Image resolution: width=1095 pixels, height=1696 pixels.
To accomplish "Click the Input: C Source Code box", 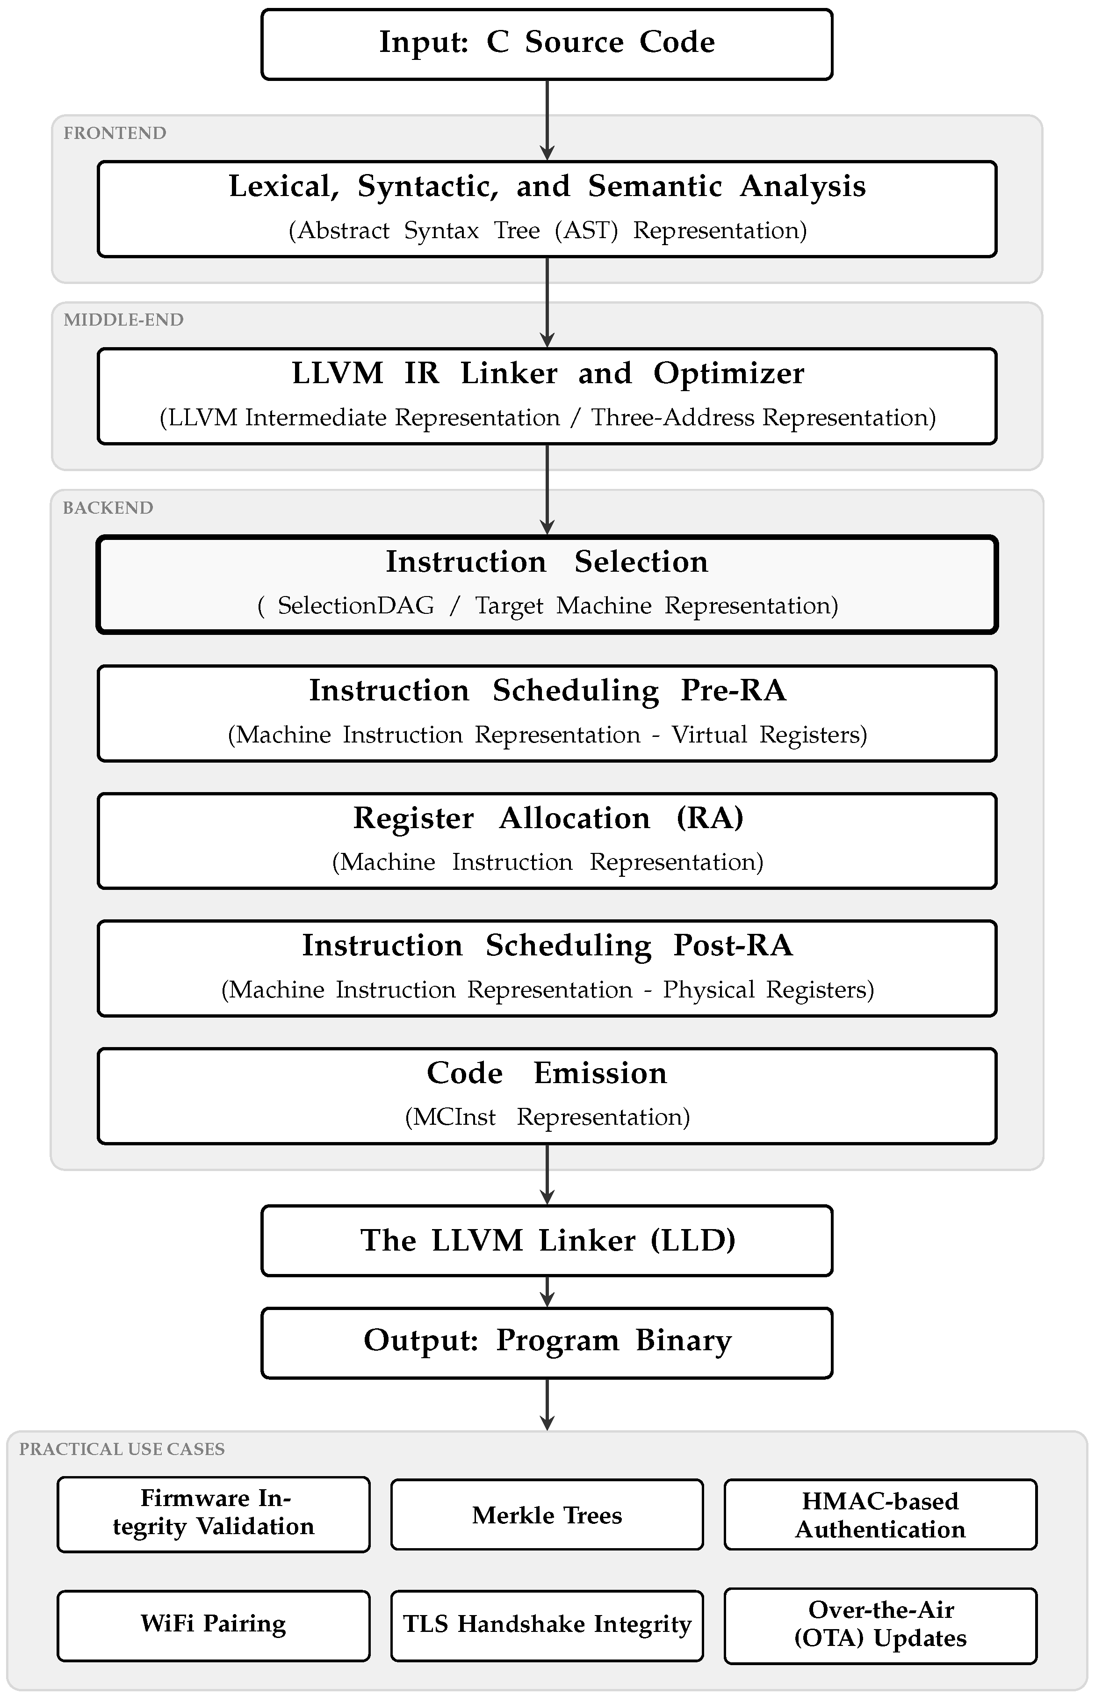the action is point(547,44).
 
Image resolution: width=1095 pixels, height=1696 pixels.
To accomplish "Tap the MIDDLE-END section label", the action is point(124,320).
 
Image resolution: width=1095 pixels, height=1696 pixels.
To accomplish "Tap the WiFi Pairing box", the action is point(213,1625).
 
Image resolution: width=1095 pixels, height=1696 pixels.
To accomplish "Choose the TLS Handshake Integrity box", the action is point(547,1625).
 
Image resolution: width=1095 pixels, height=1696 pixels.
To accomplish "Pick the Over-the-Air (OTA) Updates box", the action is point(880,1625).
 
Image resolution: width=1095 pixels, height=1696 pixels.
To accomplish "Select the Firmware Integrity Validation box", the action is point(213,1514).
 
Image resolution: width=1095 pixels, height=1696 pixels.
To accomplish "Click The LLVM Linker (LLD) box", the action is point(547,1241).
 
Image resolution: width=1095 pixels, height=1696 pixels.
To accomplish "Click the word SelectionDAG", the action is point(355,605).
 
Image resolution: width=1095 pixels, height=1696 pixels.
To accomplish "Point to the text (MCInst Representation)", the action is point(547,1117).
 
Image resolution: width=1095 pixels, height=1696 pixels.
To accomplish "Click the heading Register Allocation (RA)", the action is point(548,818).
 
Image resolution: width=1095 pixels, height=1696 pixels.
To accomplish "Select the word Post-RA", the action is point(733,946).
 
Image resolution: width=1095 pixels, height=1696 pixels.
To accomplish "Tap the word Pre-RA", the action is point(734,690).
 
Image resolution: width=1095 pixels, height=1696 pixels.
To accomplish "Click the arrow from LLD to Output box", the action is point(547,1292).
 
